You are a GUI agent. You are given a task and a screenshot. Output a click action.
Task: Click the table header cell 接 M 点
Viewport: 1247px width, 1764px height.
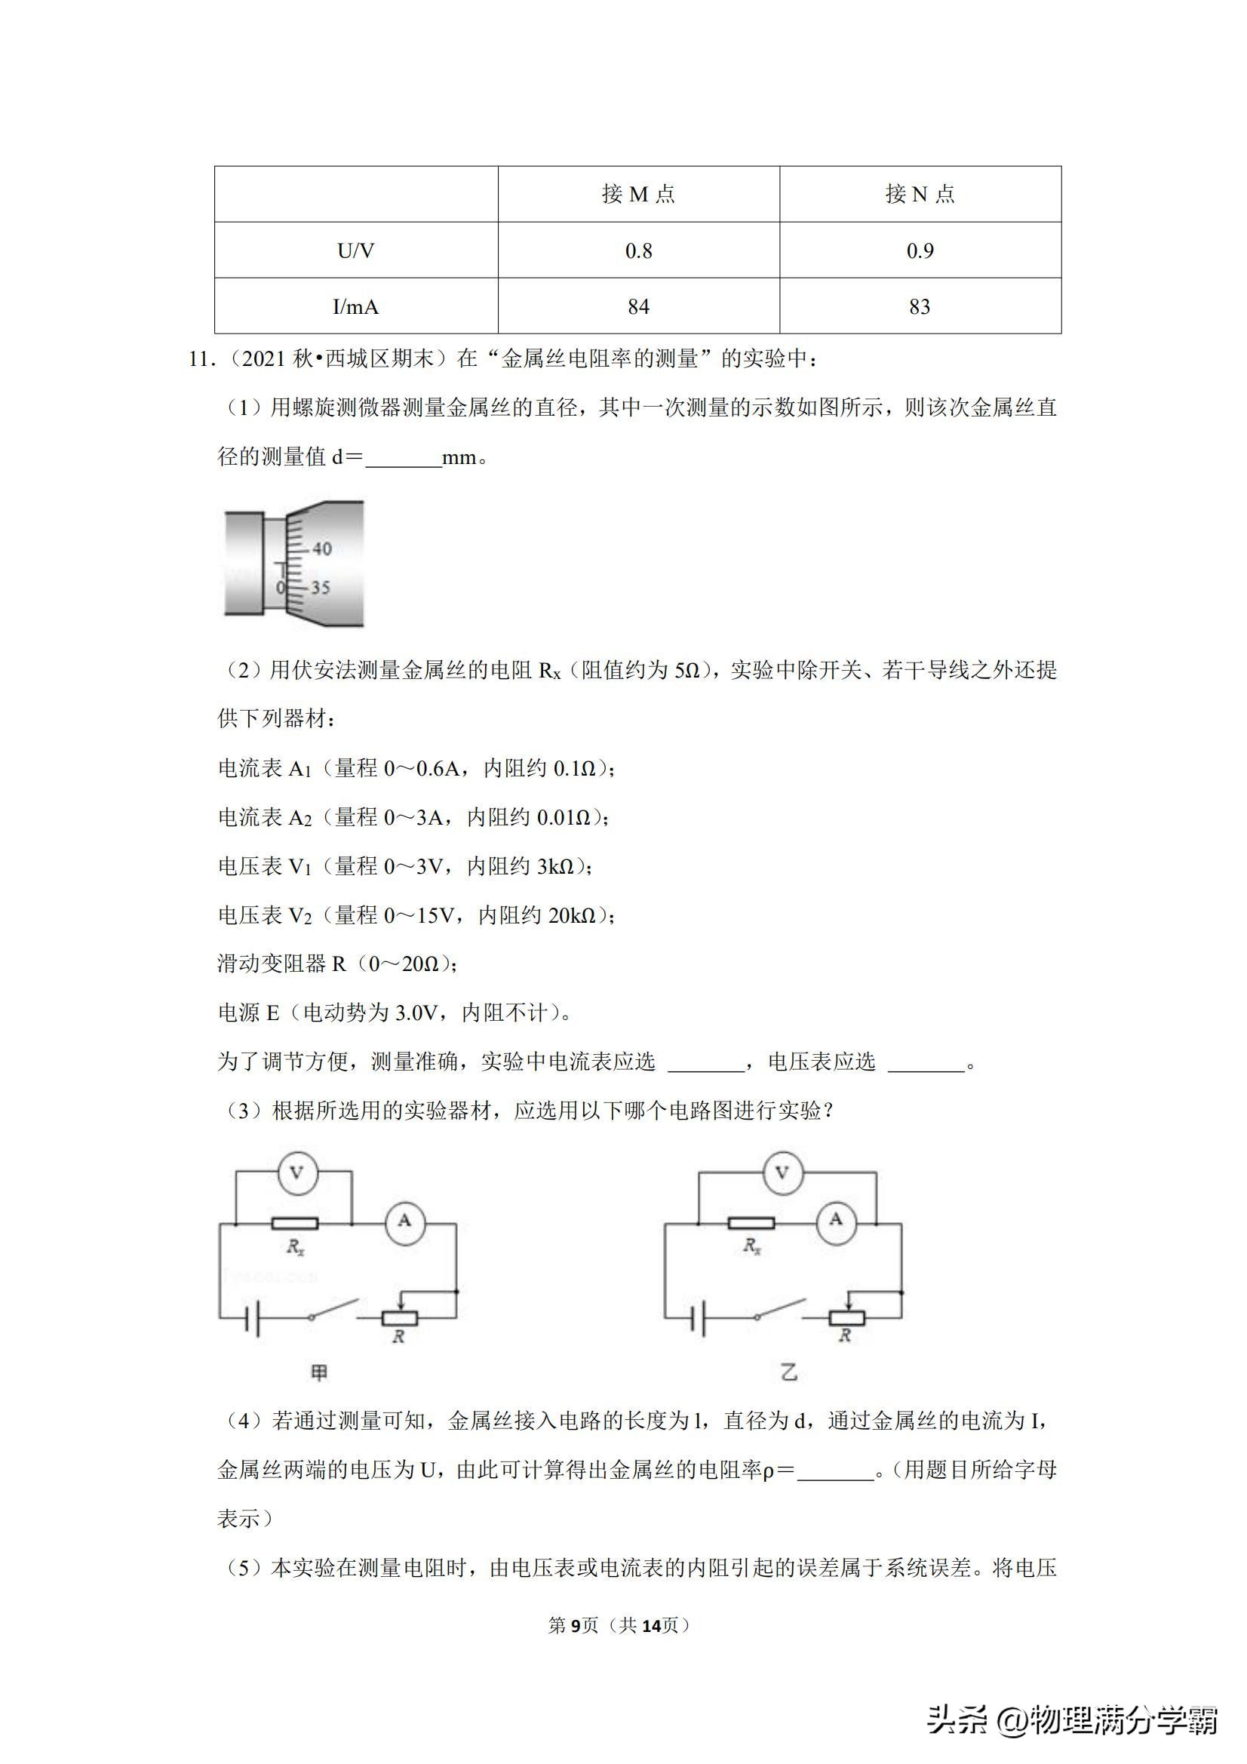pyautogui.click(x=638, y=195)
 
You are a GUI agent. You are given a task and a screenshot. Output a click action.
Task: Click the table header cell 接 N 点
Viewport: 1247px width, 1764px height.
pyautogui.click(x=920, y=195)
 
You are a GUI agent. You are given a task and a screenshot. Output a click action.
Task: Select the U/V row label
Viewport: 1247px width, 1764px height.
pyautogui.click(x=356, y=250)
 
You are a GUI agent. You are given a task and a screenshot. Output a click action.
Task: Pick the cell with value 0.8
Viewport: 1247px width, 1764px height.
pyautogui.click(x=638, y=250)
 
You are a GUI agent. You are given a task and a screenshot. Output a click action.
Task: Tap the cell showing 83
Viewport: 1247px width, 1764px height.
pyautogui.click(x=920, y=306)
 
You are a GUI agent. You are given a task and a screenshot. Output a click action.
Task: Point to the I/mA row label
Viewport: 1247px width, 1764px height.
pyautogui.click(x=356, y=306)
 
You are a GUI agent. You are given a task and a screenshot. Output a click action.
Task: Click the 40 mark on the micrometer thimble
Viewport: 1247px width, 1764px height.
pyautogui.click(x=322, y=549)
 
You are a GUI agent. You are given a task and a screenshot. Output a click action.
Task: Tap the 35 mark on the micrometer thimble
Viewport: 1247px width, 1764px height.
pyautogui.click(x=321, y=588)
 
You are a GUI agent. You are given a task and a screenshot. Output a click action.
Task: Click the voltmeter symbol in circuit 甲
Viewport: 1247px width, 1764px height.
pyautogui.click(x=296, y=1173)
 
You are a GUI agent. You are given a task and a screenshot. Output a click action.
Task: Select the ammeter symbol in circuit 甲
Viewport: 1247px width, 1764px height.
pyautogui.click(x=404, y=1221)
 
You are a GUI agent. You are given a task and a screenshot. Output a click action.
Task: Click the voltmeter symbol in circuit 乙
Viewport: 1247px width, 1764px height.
pyautogui.click(x=782, y=1173)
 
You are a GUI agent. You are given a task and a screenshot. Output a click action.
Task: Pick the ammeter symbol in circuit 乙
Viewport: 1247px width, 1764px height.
pyautogui.click(x=836, y=1219)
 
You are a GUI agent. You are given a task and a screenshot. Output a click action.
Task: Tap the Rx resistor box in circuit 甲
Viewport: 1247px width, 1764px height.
pyautogui.click(x=295, y=1223)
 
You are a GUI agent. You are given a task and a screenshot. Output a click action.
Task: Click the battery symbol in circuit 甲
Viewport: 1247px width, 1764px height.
pyautogui.click(x=253, y=1319)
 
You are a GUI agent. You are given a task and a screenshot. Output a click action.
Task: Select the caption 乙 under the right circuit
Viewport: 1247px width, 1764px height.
pyautogui.click(x=788, y=1372)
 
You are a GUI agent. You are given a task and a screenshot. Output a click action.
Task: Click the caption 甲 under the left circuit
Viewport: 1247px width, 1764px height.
pyautogui.click(x=319, y=1372)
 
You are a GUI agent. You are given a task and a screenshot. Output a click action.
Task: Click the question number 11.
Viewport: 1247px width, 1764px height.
pyautogui.click(x=201, y=359)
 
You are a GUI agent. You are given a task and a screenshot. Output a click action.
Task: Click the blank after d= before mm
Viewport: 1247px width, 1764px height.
pyautogui.click(x=404, y=458)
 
